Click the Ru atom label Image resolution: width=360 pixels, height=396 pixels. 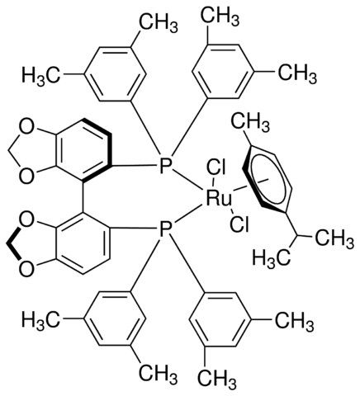(219, 199)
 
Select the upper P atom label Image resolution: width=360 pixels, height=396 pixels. (165, 165)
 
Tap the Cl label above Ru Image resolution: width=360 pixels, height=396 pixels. (216, 167)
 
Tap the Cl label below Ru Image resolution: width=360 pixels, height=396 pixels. (239, 224)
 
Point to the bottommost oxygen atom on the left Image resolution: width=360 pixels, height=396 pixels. (26, 268)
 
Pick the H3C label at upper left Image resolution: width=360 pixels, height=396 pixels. (40, 74)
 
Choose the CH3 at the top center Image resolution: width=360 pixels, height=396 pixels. (220, 14)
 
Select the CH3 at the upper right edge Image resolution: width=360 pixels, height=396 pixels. (297, 73)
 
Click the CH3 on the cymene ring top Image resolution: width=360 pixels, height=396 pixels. (250, 123)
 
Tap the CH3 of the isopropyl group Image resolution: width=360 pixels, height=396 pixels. (334, 238)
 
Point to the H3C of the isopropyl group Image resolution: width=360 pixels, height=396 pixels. (272, 260)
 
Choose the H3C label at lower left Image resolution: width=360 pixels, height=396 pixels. (40, 320)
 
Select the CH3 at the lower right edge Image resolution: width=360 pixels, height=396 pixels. (295, 321)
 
